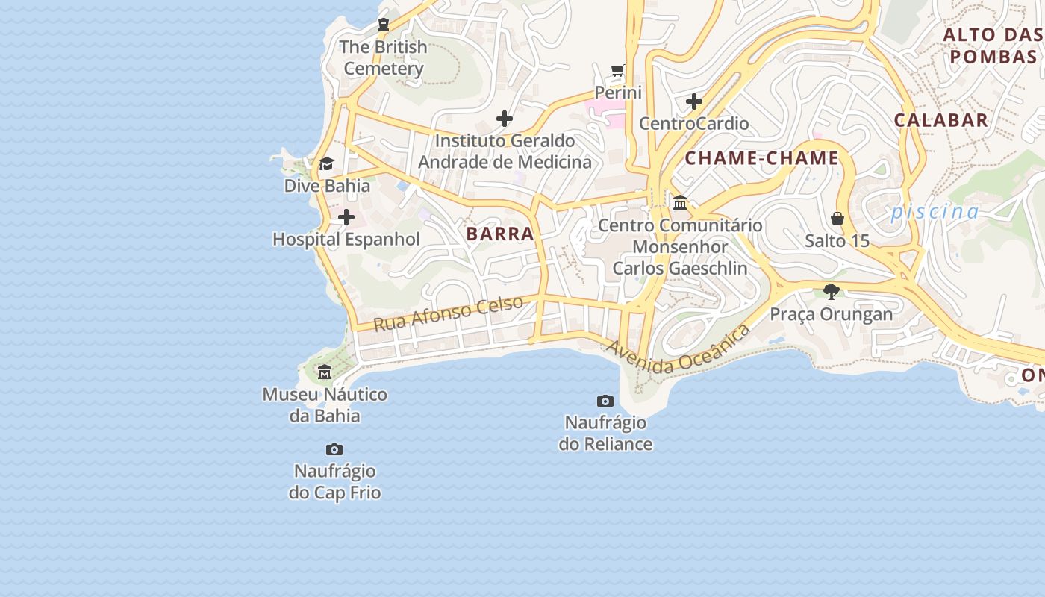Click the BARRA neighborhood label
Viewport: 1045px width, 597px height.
tap(500, 234)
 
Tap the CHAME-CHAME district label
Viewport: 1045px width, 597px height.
tap(762, 158)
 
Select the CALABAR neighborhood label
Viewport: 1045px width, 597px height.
tap(940, 120)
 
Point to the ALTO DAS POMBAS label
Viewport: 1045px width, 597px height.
tap(993, 46)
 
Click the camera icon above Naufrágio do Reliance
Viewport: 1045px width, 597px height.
tap(605, 401)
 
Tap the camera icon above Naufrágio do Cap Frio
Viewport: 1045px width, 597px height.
tap(334, 449)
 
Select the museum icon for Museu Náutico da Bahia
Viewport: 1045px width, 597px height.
tap(325, 372)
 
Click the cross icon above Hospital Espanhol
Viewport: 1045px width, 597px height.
tap(346, 217)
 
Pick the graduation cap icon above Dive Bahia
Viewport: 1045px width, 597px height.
tap(326, 164)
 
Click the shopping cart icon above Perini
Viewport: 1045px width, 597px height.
tap(617, 71)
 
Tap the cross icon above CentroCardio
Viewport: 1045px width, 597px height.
tap(694, 101)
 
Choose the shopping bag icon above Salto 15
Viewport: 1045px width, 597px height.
tap(837, 219)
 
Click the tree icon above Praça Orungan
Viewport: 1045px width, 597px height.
tap(831, 291)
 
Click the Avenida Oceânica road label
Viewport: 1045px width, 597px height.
tap(679, 349)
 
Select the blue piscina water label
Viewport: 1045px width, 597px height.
tap(935, 212)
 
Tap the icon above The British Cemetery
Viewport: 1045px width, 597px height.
tap(384, 25)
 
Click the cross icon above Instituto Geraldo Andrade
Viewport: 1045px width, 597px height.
tap(505, 118)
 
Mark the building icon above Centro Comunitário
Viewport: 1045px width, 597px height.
tap(680, 202)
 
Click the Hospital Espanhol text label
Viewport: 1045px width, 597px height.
tap(346, 240)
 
